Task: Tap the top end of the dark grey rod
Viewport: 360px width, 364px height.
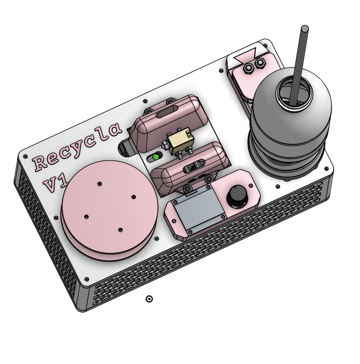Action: point(304,28)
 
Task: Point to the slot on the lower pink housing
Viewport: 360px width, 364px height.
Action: point(193,166)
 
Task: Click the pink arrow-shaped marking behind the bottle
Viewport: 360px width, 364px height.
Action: point(245,55)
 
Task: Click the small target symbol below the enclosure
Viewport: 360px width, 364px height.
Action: point(149,299)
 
